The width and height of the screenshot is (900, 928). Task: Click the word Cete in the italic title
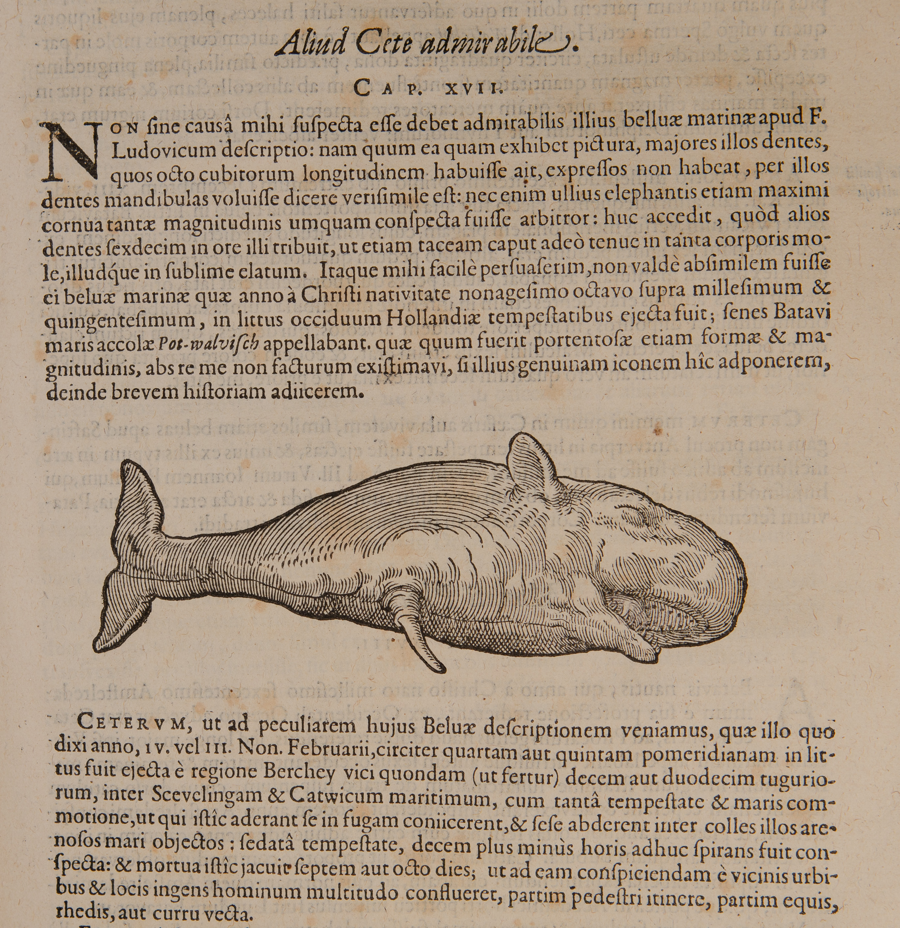coord(383,45)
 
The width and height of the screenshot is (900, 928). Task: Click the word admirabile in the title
coord(488,45)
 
